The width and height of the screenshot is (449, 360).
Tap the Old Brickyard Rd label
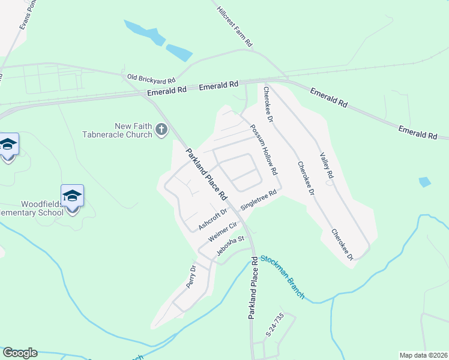[x=151, y=79]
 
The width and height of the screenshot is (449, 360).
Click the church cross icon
[x=161, y=129]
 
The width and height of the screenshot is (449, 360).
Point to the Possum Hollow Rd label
[x=264, y=150]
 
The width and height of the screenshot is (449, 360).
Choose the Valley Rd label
[x=327, y=165]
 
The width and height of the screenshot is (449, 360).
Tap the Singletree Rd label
[x=258, y=200]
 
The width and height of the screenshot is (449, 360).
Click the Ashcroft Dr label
[x=214, y=219]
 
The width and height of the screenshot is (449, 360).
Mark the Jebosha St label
[x=232, y=247]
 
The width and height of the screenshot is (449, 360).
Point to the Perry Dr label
[x=191, y=276]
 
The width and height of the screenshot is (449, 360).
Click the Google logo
[x=20, y=353]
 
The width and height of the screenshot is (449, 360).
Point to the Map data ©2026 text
[x=423, y=355]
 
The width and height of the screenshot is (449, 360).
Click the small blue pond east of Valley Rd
[x=424, y=182]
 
